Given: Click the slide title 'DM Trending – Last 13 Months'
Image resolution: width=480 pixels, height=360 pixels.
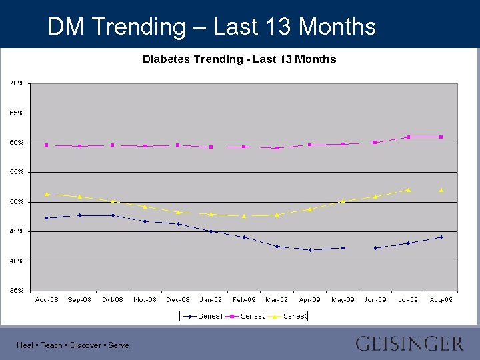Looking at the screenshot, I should click(x=212, y=27).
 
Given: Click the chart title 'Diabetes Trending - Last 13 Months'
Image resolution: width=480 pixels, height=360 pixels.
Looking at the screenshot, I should click(x=239, y=59).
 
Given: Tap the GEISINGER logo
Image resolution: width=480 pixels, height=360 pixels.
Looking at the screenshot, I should click(x=409, y=344).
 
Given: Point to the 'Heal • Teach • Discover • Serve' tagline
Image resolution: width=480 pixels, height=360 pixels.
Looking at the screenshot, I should click(x=73, y=345).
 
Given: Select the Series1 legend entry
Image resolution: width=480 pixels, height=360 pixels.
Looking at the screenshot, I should click(x=203, y=316).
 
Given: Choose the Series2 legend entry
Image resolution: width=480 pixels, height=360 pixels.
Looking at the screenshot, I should click(x=247, y=316).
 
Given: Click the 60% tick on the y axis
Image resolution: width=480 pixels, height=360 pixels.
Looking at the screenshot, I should click(x=17, y=143).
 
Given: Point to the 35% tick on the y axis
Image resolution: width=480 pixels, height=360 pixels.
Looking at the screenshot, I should click(x=17, y=290).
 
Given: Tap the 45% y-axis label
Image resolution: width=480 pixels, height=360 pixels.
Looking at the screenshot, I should click(x=17, y=231).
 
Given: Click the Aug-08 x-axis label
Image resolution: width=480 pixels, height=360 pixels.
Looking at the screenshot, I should click(x=47, y=300).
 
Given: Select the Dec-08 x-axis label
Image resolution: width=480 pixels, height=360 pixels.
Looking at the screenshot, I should click(x=178, y=300).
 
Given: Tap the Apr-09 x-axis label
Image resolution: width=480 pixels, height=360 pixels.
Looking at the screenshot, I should click(x=309, y=300).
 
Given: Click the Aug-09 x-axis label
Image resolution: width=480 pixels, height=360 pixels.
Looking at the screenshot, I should click(x=441, y=300).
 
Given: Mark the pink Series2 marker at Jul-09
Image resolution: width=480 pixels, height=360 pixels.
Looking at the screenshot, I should click(x=408, y=137).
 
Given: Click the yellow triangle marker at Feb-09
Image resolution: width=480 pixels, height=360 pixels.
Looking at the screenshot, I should click(x=244, y=216).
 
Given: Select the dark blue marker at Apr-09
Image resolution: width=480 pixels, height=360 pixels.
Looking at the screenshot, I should click(x=309, y=250).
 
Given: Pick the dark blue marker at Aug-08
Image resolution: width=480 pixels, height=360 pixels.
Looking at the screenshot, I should click(x=47, y=218).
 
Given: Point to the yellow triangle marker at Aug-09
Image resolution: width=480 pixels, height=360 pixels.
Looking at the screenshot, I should click(x=441, y=190).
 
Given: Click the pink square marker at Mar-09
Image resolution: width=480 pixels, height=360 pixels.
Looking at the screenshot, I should click(x=277, y=148).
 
